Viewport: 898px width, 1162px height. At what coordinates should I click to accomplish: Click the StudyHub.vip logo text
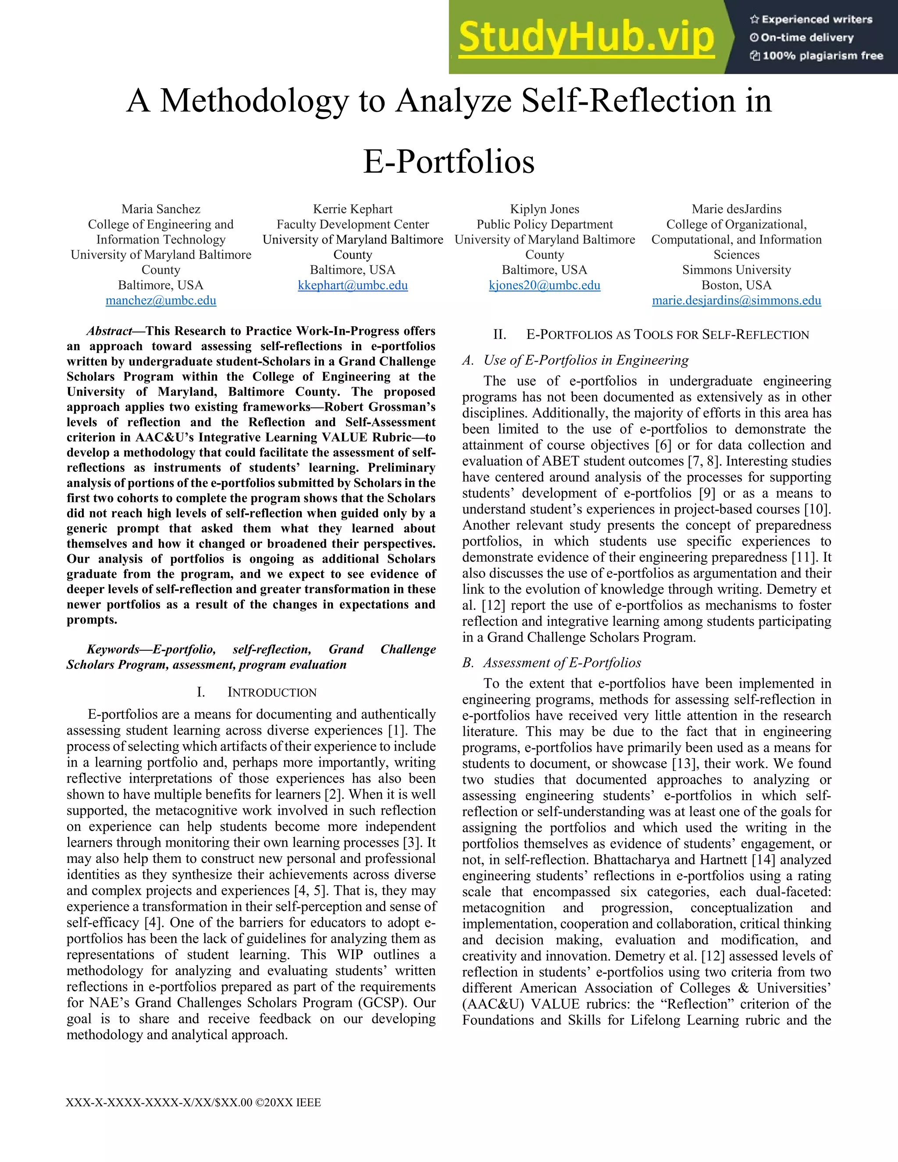point(586,37)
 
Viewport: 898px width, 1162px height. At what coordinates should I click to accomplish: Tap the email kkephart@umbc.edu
point(353,285)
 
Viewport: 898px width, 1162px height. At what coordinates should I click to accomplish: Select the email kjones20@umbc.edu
point(544,285)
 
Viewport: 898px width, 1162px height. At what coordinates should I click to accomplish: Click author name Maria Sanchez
point(160,209)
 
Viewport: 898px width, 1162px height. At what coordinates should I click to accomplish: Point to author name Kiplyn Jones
point(544,209)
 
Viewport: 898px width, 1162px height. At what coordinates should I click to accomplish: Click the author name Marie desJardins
point(736,209)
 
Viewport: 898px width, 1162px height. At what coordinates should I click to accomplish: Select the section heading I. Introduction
point(257,692)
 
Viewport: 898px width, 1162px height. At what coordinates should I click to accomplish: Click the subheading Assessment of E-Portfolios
point(562,663)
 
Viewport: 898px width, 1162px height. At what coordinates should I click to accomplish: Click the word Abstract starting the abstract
point(109,331)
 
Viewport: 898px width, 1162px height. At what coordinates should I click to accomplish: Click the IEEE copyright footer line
point(193,1102)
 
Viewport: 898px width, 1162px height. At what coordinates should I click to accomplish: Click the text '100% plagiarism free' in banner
point(823,56)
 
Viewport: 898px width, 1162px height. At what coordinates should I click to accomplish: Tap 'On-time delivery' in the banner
point(806,38)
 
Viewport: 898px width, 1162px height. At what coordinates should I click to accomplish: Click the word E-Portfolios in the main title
point(449,161)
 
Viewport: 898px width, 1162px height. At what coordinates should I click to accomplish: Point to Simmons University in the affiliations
point(736,270)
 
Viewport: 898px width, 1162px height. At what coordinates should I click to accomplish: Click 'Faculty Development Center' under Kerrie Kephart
point(353,225)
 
